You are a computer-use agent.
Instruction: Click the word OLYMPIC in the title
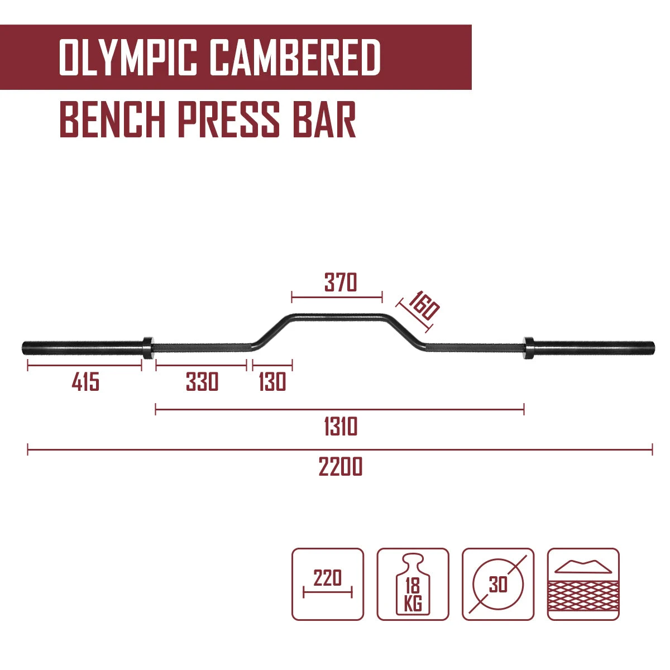(x=128, y=57)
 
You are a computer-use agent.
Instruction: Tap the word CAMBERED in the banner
(x=295, y=57)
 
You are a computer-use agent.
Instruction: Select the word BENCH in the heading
(x=112, y=119)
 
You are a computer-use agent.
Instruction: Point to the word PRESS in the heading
(x=229, y=119)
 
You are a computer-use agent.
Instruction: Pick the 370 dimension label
(x=341, y=283)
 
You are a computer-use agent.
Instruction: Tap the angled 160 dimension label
(x=423, y=305)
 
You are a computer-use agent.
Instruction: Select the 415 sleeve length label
(x=85, y=381)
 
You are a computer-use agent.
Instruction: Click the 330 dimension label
(x=202, y=381)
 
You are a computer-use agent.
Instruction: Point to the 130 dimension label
(x=272, y=381)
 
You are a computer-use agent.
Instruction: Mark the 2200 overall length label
(x=341, y=466)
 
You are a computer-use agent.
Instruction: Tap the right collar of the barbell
(x=529, y=347)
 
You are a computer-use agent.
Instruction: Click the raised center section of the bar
(x=337, y=318)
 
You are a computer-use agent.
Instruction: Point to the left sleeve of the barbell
(x=83, y=347)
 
